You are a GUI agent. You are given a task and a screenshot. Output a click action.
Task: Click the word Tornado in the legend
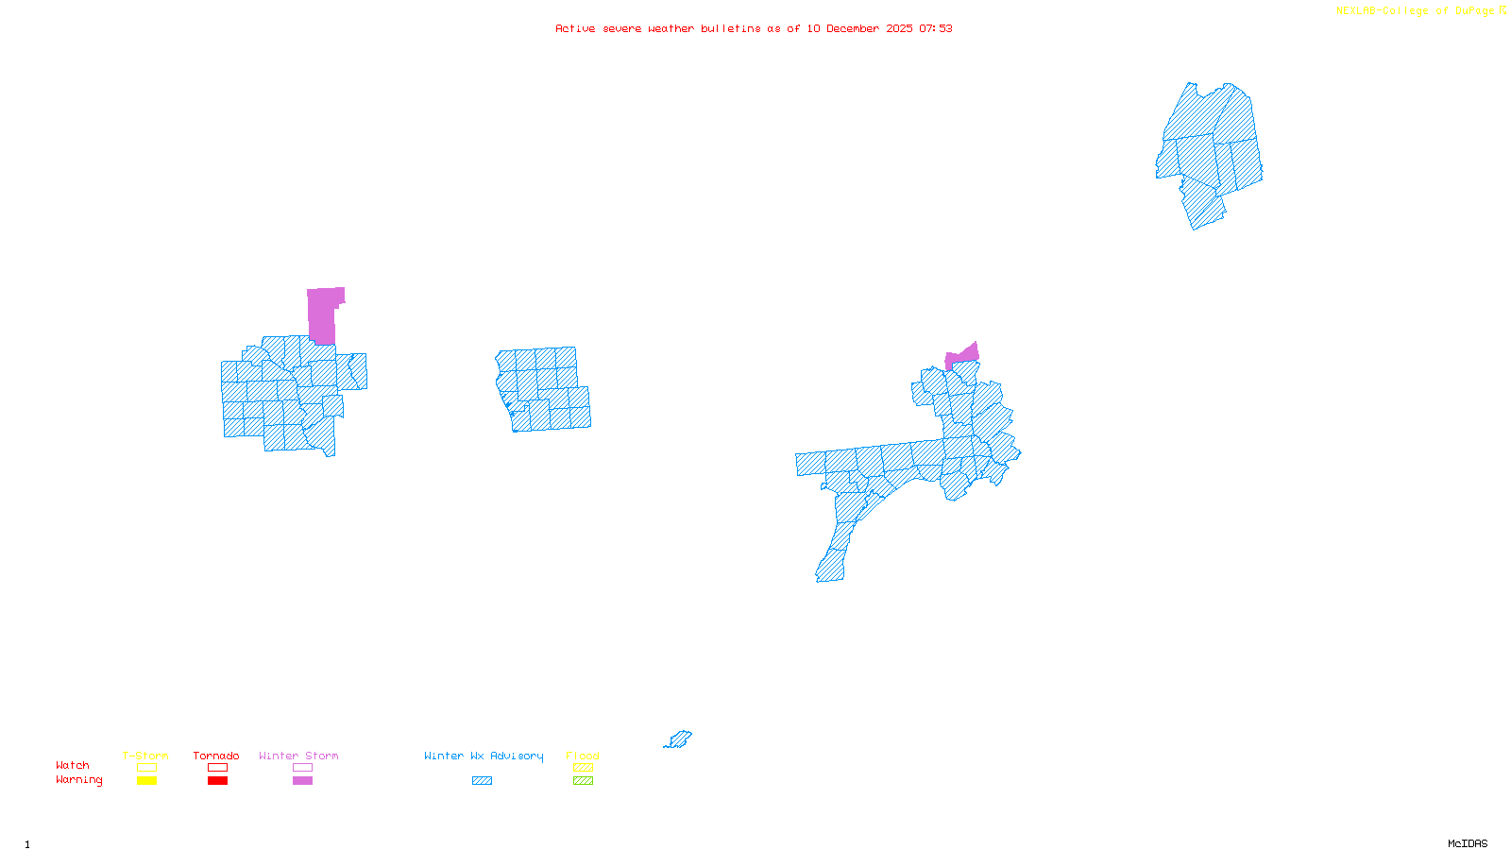216,756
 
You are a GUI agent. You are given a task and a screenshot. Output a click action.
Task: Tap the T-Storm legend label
145,756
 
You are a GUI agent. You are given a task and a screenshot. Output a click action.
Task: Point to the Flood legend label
583,756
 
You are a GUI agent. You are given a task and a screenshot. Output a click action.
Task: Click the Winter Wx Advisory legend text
484,756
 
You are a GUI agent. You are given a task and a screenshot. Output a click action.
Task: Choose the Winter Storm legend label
298,756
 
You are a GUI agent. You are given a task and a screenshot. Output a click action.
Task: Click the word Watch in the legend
73,765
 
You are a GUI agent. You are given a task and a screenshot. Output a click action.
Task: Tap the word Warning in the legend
79,780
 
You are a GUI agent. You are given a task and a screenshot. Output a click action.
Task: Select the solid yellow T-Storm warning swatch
146,781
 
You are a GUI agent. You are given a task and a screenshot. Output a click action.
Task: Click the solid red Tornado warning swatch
217,781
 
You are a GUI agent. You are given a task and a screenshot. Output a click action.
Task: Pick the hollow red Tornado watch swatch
217,768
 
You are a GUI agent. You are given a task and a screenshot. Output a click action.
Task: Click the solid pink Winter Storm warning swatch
302,781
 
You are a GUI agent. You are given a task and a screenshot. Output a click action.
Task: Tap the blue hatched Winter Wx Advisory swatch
482,781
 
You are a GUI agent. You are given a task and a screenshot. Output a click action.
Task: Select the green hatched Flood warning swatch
583,781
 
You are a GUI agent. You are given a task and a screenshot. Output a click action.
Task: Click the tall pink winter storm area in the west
323,314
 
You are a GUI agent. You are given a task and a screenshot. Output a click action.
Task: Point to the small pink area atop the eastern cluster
963,356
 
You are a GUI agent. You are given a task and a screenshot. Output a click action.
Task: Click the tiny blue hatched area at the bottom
679,739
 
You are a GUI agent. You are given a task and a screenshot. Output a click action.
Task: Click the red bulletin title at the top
754,28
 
